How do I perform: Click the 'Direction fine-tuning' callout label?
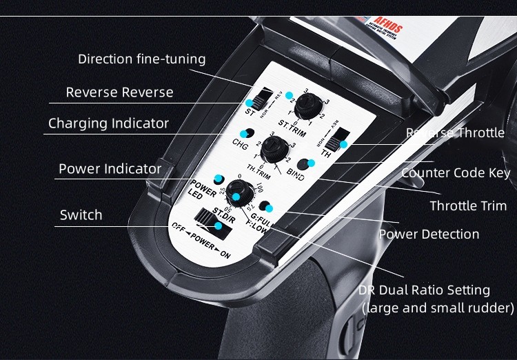(x=141, y=59)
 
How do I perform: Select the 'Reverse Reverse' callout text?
(x=119, y=92)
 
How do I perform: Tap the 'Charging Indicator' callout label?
(x=108, y=123)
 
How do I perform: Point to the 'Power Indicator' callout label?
(x=110, y=168)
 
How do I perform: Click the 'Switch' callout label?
(x=81, y=214)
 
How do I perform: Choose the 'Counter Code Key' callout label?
(x=456, y=172)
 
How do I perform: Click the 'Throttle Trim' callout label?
(x=468, y=206)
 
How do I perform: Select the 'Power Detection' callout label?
(x=429, y=234)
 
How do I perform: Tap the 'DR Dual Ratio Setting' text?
(x=424, y=290)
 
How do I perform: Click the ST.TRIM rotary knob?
(x=305, y=105)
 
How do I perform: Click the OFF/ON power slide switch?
(x=208, y=220)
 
